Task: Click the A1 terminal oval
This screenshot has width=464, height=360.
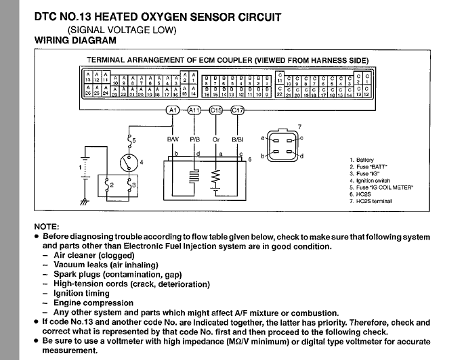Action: coord(173,110)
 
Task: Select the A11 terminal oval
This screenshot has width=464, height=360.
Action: coord(194,110)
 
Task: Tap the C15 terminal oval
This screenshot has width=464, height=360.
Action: coord(217,110)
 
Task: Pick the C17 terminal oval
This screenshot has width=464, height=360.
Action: coord(238,110)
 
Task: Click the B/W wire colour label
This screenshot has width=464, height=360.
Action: coord(173,139)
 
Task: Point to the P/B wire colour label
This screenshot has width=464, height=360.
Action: coord(194,139)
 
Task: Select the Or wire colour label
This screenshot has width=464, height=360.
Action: coord(217,139)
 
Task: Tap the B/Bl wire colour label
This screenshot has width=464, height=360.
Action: coord(238,139)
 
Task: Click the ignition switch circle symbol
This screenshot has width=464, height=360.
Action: coord(127,162)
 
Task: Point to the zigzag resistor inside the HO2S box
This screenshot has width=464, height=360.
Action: coord(217,177)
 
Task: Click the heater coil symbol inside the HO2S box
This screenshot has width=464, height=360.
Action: coord(194,177)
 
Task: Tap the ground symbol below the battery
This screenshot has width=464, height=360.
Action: coord(83,202)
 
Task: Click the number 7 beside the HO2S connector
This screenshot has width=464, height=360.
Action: coord(299,127)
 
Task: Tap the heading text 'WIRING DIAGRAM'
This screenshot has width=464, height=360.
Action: coord(75,41)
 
